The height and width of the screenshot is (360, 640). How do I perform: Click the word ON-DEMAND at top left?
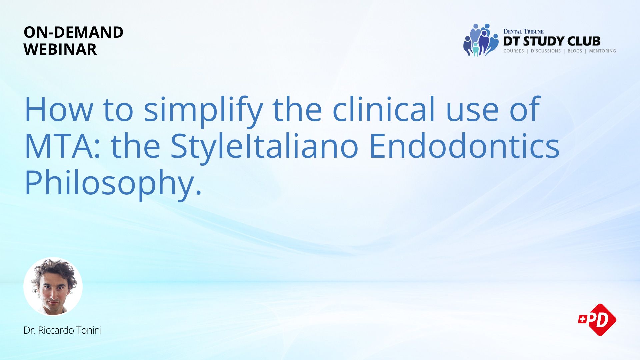[x=74, y=32]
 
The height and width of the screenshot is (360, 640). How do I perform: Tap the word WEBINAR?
[x=60, y=49]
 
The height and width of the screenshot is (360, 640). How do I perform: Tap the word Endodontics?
[x=465, y=146]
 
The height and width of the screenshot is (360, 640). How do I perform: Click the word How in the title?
[x=59, y=110]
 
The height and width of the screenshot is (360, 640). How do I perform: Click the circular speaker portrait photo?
[x=53, y=286]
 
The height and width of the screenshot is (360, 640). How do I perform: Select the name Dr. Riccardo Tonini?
[x=63, y=330]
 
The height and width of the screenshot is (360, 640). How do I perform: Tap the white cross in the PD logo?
[x=582, y=319]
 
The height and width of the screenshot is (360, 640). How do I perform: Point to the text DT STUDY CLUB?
[x=552, y=41]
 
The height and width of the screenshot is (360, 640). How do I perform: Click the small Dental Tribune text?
[x=523, y=32]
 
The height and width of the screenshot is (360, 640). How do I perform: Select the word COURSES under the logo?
[x=514, y=51]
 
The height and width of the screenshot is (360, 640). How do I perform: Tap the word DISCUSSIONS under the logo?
[x=546, y=51]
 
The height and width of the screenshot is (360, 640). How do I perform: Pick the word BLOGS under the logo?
[x=575, y=51]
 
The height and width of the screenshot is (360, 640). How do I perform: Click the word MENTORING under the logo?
[x=602, y=51]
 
